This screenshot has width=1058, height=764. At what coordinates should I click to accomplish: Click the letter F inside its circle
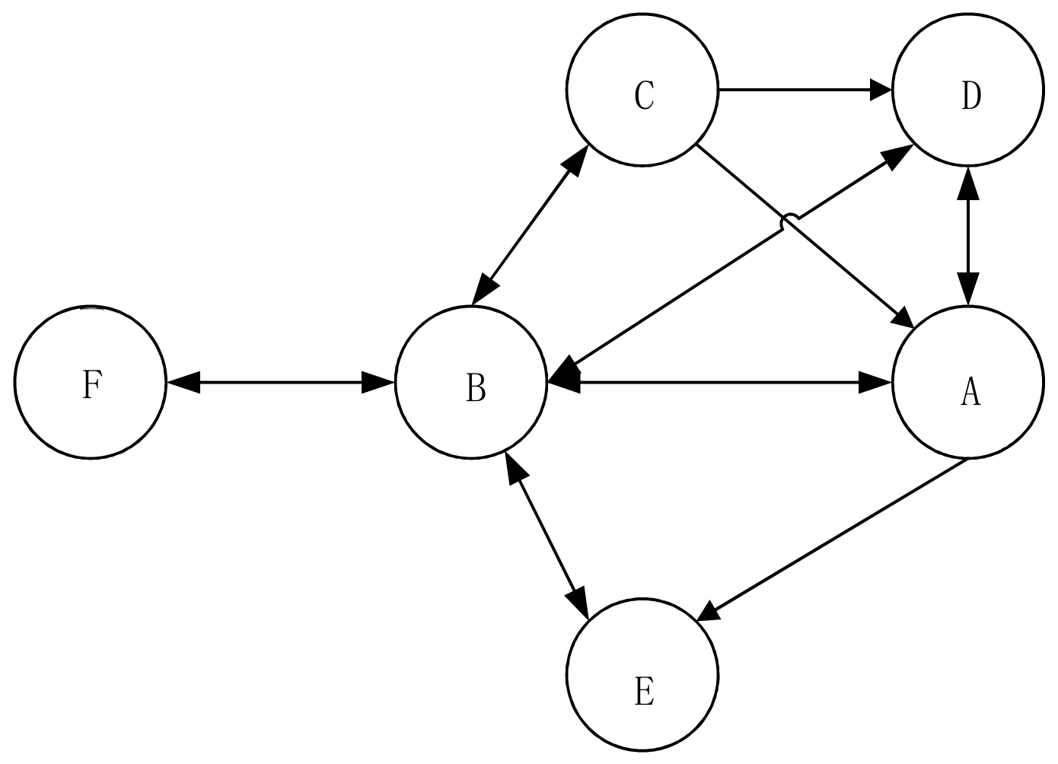[91, 386]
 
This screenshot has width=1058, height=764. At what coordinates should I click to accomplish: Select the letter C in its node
[644, 96]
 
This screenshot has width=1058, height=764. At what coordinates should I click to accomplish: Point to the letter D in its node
[970, 96]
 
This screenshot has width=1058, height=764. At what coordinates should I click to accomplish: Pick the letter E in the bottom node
[644, 692]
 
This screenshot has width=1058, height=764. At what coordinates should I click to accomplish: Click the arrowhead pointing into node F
[183, 383]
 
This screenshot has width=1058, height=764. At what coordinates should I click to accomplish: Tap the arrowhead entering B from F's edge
[377, 383]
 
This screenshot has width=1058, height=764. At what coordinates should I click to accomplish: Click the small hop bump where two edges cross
[791, 221]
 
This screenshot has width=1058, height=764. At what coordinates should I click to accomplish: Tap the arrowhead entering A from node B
[875, 383]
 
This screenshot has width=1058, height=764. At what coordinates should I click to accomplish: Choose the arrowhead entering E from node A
[709, 611]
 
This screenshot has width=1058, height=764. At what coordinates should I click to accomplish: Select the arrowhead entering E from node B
[580, 603]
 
